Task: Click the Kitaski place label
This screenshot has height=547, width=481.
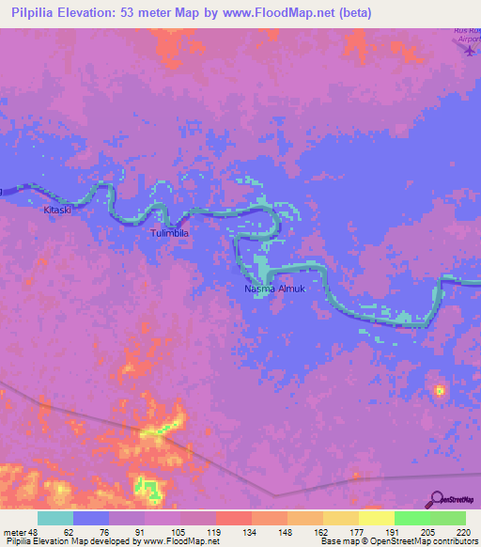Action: point(57,211)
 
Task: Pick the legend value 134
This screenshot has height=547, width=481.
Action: point(250,531)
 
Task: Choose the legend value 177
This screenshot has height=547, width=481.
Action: point(357,531)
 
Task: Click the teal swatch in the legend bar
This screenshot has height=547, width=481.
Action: point(55,518)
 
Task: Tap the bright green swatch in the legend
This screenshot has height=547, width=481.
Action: point(411,518)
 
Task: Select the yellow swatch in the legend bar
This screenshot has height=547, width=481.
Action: point(376,518)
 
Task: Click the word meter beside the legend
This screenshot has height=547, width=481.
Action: point(13,531)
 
